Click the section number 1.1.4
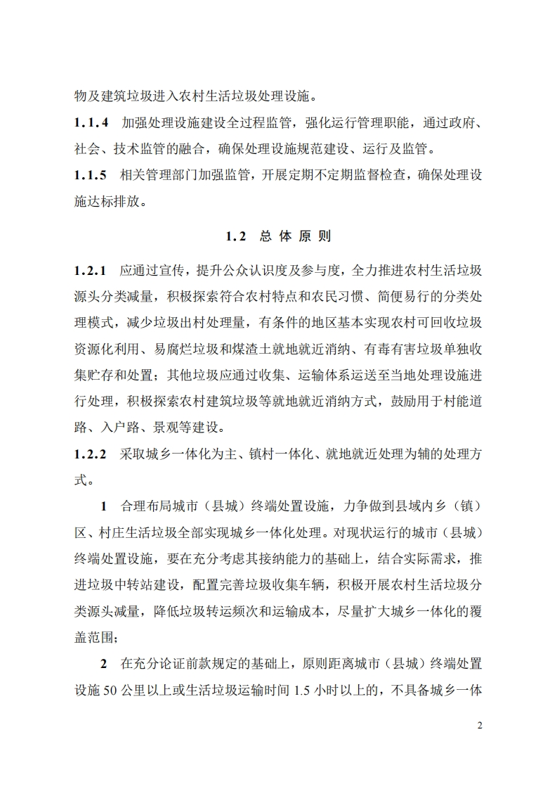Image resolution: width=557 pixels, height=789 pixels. pyautogui.click(x=91, y=122)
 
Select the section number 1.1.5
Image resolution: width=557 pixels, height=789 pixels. pyautogui.click(x=91, y=176)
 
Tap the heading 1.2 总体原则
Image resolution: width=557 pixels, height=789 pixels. pyautogui.click(x=278, y=236)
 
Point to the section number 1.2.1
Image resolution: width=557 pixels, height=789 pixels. pyautogui.click(x=91, y=270)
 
